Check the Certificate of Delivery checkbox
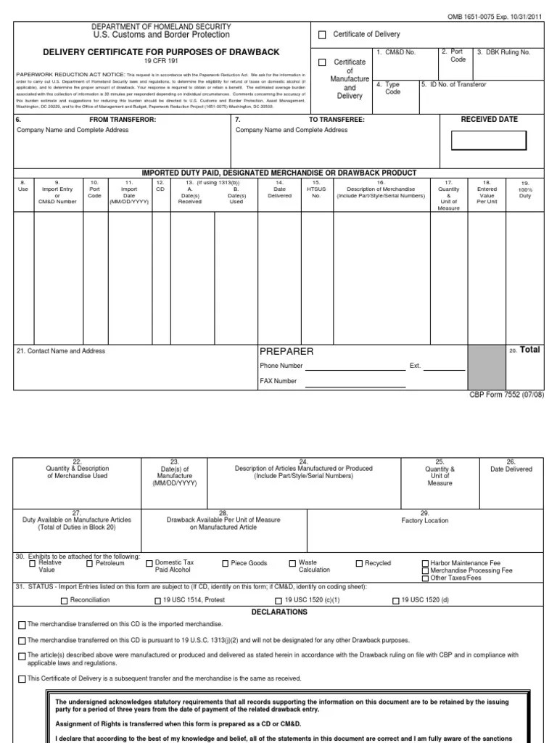(x=323, y=35)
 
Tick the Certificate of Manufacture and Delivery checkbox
(x=323, y=62)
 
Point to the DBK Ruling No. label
(x=504, y=53)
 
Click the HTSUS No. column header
(x=315, y=189)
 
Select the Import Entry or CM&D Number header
(x=57, y=192)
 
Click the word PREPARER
(x=286, y=351)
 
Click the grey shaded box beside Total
(x=487, y=366)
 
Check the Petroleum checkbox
(x=90, y=563)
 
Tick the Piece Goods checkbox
(x=225, y=563)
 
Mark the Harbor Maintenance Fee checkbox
(x=425, y=563)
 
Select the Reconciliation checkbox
(x=64, y=601)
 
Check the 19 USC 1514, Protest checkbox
(x=157, y=601)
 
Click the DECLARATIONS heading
(x=279, y=612)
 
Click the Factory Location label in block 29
(x=425, y=521)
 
